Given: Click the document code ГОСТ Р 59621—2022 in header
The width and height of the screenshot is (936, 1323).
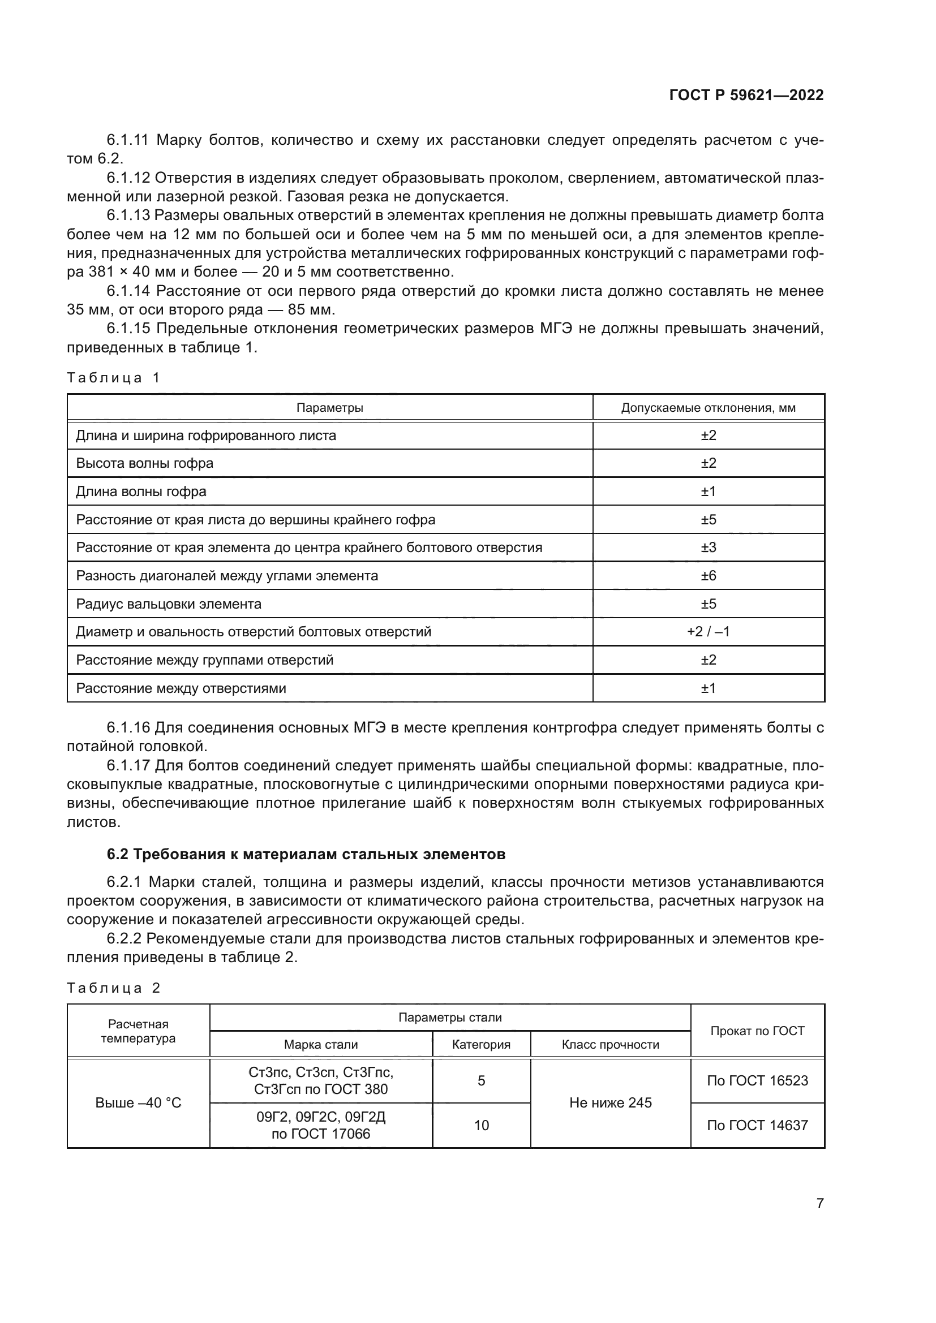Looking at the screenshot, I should pos(746,95).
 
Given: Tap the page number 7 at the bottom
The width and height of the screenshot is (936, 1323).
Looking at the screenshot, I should pos(819,1203).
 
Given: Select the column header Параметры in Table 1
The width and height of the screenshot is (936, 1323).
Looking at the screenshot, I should pos(330,408).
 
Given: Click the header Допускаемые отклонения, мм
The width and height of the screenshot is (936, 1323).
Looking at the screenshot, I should pos(709,408).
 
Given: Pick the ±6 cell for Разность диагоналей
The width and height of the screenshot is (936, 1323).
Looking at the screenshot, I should pos(709,576).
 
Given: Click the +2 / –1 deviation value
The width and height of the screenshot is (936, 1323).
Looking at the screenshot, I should pos(709,632).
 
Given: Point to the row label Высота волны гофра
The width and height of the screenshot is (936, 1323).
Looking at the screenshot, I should pos(145,463).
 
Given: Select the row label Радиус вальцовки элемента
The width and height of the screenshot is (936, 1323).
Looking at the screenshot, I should pos(169,604).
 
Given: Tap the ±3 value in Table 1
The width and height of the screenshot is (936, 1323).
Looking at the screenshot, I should pos(709,548).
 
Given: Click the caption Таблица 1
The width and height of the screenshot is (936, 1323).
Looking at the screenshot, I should pos(114,378).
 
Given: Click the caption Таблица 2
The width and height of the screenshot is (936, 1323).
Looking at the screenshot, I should pos(114,988).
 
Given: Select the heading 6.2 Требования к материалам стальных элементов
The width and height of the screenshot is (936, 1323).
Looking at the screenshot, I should pos(306,854).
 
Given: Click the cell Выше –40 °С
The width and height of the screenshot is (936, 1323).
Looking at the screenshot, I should pos(138,1103).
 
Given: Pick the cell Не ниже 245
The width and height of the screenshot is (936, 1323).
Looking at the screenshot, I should pos(611,1103).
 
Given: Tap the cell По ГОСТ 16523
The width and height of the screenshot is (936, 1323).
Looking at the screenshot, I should pos(757,1080).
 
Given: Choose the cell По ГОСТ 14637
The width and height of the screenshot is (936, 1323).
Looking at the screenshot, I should pos(757,1126).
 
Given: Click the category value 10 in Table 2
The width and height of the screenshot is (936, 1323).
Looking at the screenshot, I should pos(481,1126).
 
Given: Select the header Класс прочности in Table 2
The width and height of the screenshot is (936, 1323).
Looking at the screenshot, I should pos(611,1045).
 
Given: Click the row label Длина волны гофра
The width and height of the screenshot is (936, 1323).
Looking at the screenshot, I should pos(141,492).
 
